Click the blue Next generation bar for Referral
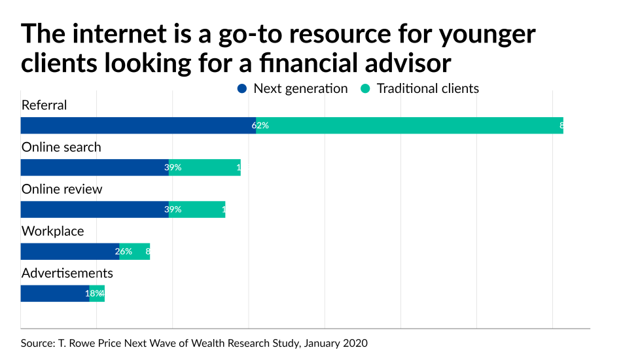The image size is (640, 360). [138, 126]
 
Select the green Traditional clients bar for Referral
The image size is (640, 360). [410, 126]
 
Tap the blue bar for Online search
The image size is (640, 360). [95, 168]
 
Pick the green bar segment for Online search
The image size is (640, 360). [205, 168]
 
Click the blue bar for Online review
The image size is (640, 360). [95, 209]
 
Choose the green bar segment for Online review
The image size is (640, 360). [197, 209]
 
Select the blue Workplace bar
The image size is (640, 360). [70, 251]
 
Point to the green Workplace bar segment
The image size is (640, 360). [135, 251]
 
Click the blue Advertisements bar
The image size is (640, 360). [55, 293]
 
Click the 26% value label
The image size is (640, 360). [124, 251]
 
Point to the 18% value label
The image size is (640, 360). [94, 293]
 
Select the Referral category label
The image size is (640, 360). [44, 105]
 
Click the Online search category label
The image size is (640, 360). [62, 147]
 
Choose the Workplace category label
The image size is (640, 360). [53, 231]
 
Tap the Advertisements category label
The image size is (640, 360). [67, 273]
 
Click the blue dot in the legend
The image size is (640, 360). [243, 88]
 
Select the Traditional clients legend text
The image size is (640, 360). [428, 88]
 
